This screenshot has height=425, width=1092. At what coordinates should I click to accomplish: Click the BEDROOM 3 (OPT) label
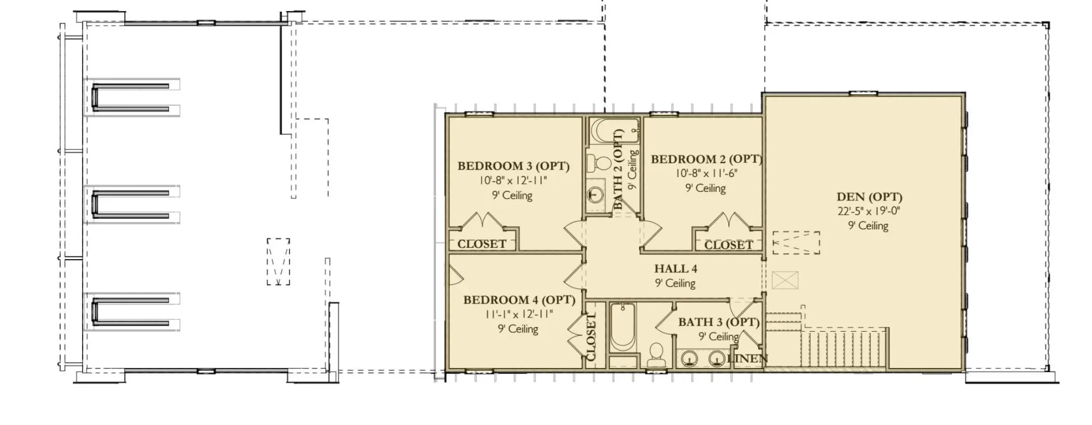(513, 166)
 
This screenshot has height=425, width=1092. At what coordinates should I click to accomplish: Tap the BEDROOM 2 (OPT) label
(706, 159)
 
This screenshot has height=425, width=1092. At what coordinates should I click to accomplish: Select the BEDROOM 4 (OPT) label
(519, 300)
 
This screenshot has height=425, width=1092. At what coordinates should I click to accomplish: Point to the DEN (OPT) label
(869, 197)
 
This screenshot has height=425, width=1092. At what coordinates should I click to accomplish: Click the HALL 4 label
(676, 269)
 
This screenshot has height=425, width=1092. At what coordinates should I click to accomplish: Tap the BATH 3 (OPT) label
(719, 322)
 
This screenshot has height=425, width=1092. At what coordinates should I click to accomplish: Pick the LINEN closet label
(748, 359)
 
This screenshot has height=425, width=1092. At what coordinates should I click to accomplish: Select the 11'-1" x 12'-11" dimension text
(519, 314)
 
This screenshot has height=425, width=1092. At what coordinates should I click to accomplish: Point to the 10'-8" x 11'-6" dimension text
(706, 173)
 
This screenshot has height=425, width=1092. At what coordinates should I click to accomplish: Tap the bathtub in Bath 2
(615, 131)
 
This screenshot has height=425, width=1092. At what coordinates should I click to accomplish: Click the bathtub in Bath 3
(623, 327)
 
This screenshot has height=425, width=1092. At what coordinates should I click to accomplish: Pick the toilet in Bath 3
(656, 356)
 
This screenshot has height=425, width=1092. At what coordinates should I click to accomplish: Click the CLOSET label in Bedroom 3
(482, 244)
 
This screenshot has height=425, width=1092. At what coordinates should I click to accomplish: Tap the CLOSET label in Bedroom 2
(728, 245)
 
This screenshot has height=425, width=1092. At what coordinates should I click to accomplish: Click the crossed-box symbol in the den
(785, 280)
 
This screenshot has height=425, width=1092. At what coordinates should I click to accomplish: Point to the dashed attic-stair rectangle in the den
(796, 243)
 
